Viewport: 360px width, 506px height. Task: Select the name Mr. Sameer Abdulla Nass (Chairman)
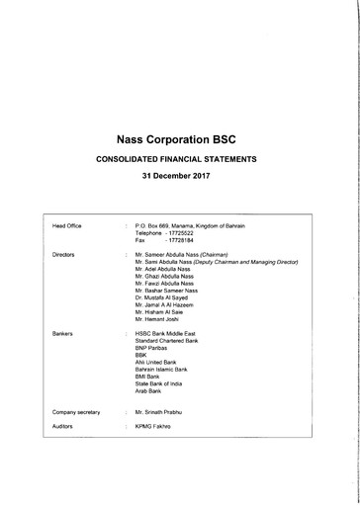[193, 255]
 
